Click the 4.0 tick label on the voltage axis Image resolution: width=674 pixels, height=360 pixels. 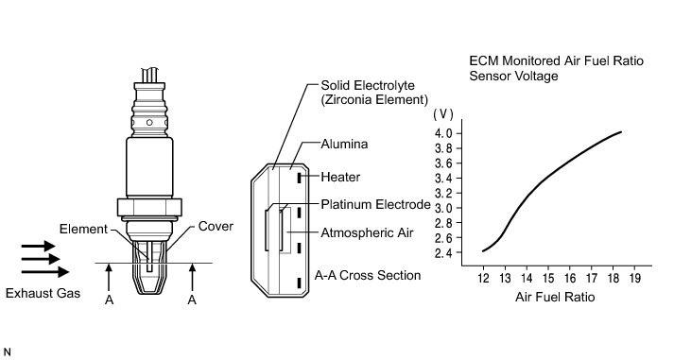point(443,133)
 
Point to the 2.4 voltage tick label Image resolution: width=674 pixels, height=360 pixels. point(443,252)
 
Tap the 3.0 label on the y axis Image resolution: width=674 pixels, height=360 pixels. point(443,208)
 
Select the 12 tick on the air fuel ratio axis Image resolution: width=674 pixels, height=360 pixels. point(483,279)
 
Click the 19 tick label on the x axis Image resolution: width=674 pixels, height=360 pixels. point(634,279)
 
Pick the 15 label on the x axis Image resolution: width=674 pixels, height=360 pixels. point(548,279)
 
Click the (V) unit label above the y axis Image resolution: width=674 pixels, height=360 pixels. point(443,113)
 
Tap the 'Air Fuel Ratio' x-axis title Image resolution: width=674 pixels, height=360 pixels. point(555,297)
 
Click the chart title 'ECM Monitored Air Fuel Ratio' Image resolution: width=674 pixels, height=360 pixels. point(556,61)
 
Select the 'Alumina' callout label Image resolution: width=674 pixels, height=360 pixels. point(344,144)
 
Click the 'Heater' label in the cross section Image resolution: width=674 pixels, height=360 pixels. point(340,177)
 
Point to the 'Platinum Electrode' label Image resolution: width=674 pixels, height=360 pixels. point(375,204)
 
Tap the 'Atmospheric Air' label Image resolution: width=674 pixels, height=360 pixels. point(367,232)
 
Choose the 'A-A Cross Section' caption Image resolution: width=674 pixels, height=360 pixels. point(368,275)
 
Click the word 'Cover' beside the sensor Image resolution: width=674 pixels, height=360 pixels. point(216,227)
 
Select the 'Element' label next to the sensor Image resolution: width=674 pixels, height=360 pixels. point(83,229)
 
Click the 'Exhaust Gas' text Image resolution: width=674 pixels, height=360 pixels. point(43,294)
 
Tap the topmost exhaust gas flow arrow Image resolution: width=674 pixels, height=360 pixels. point(38,247)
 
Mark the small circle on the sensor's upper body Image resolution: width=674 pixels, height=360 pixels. point(149,123)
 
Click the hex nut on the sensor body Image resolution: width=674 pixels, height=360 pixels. point(149,207)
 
